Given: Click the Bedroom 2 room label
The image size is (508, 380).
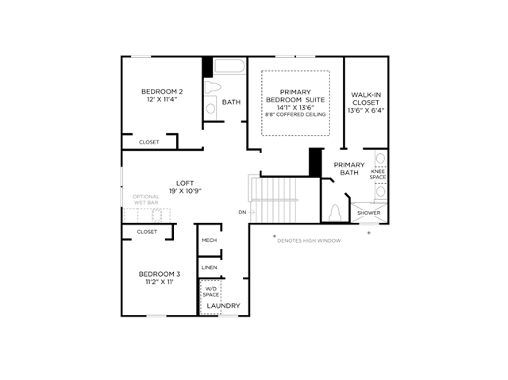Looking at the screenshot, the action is click(162, 91).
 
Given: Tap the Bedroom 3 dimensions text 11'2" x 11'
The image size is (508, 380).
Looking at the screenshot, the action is click(160, 282).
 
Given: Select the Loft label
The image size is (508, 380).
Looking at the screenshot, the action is click(185, 183).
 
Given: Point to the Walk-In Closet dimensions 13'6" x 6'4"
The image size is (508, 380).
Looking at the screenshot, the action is click(366, 110).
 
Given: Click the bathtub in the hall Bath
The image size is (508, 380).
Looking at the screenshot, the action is click(229, 66).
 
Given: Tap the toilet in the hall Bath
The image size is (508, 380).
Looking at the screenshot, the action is click(213, 87).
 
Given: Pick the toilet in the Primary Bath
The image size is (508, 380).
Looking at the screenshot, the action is click(335, 213).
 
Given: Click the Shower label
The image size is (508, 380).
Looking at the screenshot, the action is click(368, 213).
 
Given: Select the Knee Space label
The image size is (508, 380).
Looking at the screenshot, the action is click(378, 175).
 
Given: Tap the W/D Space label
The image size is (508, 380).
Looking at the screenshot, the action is click(211, 292).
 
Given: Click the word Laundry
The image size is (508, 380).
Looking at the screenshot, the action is click(224, 305).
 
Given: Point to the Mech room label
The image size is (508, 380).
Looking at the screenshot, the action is click(210, 240).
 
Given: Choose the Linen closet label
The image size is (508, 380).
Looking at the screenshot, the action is click(210, 267).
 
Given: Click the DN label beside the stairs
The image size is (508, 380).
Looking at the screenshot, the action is click(242, 213).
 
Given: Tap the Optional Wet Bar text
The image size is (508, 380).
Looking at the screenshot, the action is click(146, 199).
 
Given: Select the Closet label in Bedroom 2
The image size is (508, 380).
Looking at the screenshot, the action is click(149, 142).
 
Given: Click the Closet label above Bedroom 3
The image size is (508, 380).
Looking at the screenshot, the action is click(147, 232).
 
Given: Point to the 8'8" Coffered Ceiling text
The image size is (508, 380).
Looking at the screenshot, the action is click(295, 114).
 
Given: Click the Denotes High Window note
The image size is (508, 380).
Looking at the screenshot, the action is click(309, 240).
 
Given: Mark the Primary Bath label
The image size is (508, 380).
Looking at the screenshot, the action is click(349, 169).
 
